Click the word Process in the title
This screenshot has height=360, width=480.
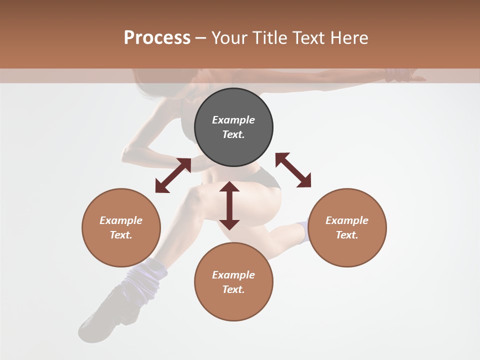[x=157, y=38]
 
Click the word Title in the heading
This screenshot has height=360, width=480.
[x=268, y=38]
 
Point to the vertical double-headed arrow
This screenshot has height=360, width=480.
[x=229, y=205]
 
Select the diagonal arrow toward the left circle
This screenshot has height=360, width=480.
[x=173, y=175]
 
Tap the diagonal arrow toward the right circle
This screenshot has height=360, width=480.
[x=293, y=170]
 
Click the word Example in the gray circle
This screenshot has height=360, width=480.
[x=233, y=120]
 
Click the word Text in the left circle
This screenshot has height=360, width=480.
[x=121, y=235]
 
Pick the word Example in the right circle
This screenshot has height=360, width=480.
[x=347, y=220]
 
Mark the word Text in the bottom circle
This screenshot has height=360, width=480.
[x=233, y=289]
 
